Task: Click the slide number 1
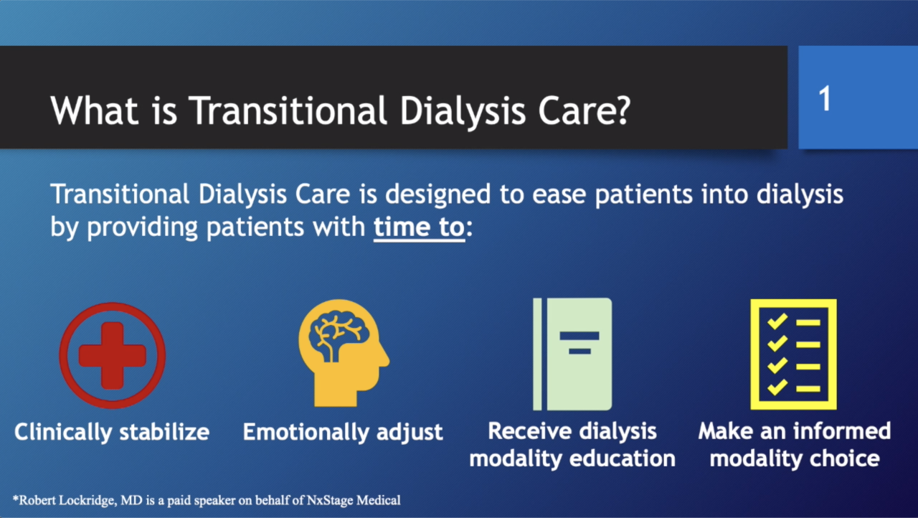pyautogui.click(x=825, y=98)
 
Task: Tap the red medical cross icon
pyautogui.click(x=113, y=355)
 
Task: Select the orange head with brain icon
pyautogui.click(x=344, y=353)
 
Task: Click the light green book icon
pyautogui.click(x=572, y=354)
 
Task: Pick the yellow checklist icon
pyautogui.click(x=793, y=354)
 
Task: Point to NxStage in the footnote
pyautogui.click(x=330, y=500)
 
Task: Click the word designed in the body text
pyautogui.click(x=437, y=194)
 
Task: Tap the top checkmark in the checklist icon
pyautogui.click(x=777, y=321)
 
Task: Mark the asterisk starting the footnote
pyautogui.click(x=16, y=498)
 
